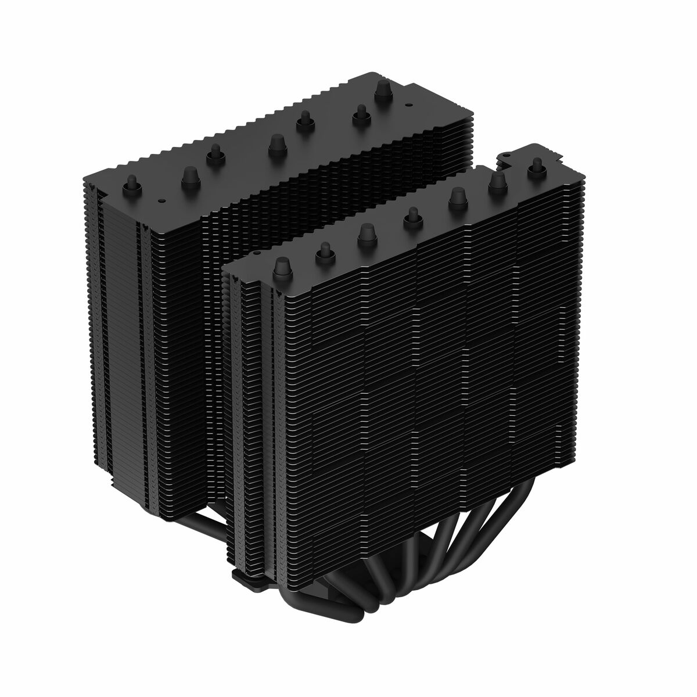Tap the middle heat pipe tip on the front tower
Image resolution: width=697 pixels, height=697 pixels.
412,215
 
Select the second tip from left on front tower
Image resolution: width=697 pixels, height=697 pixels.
323,251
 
